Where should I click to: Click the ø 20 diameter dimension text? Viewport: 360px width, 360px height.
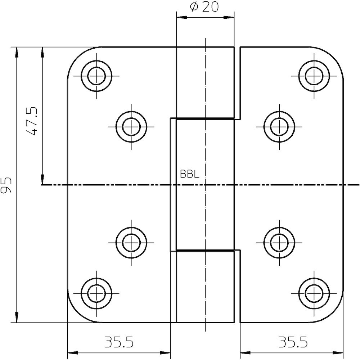pos(204,7)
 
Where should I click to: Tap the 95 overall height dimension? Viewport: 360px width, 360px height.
pos(6,185)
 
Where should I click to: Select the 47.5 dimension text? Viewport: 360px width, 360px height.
pos(31,121)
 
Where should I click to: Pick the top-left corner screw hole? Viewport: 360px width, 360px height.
pos(96,76)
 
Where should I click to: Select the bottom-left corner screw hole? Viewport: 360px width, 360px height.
pos(96,293)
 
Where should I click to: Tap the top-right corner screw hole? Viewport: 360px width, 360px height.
pos(314,76)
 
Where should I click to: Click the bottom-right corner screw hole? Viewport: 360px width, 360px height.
pos(314,293)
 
